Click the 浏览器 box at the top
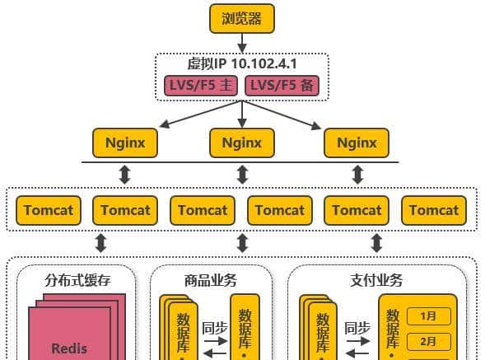(241, 18)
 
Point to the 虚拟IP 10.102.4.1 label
(241, 63)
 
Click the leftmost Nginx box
(125, 143)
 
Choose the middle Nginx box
(241, 143)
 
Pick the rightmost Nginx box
(357, 143)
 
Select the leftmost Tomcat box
(49, 210)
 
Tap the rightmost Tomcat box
(434, 210)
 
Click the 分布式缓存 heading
(77, 280)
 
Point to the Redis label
(69, 348)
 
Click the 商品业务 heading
(211, 280)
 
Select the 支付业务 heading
(376, 280)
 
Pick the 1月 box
(427, 316)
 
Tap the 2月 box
(427, 339)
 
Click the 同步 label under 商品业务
(214, 326)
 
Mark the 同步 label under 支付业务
(356, 326)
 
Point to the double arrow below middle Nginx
(241, 175)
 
